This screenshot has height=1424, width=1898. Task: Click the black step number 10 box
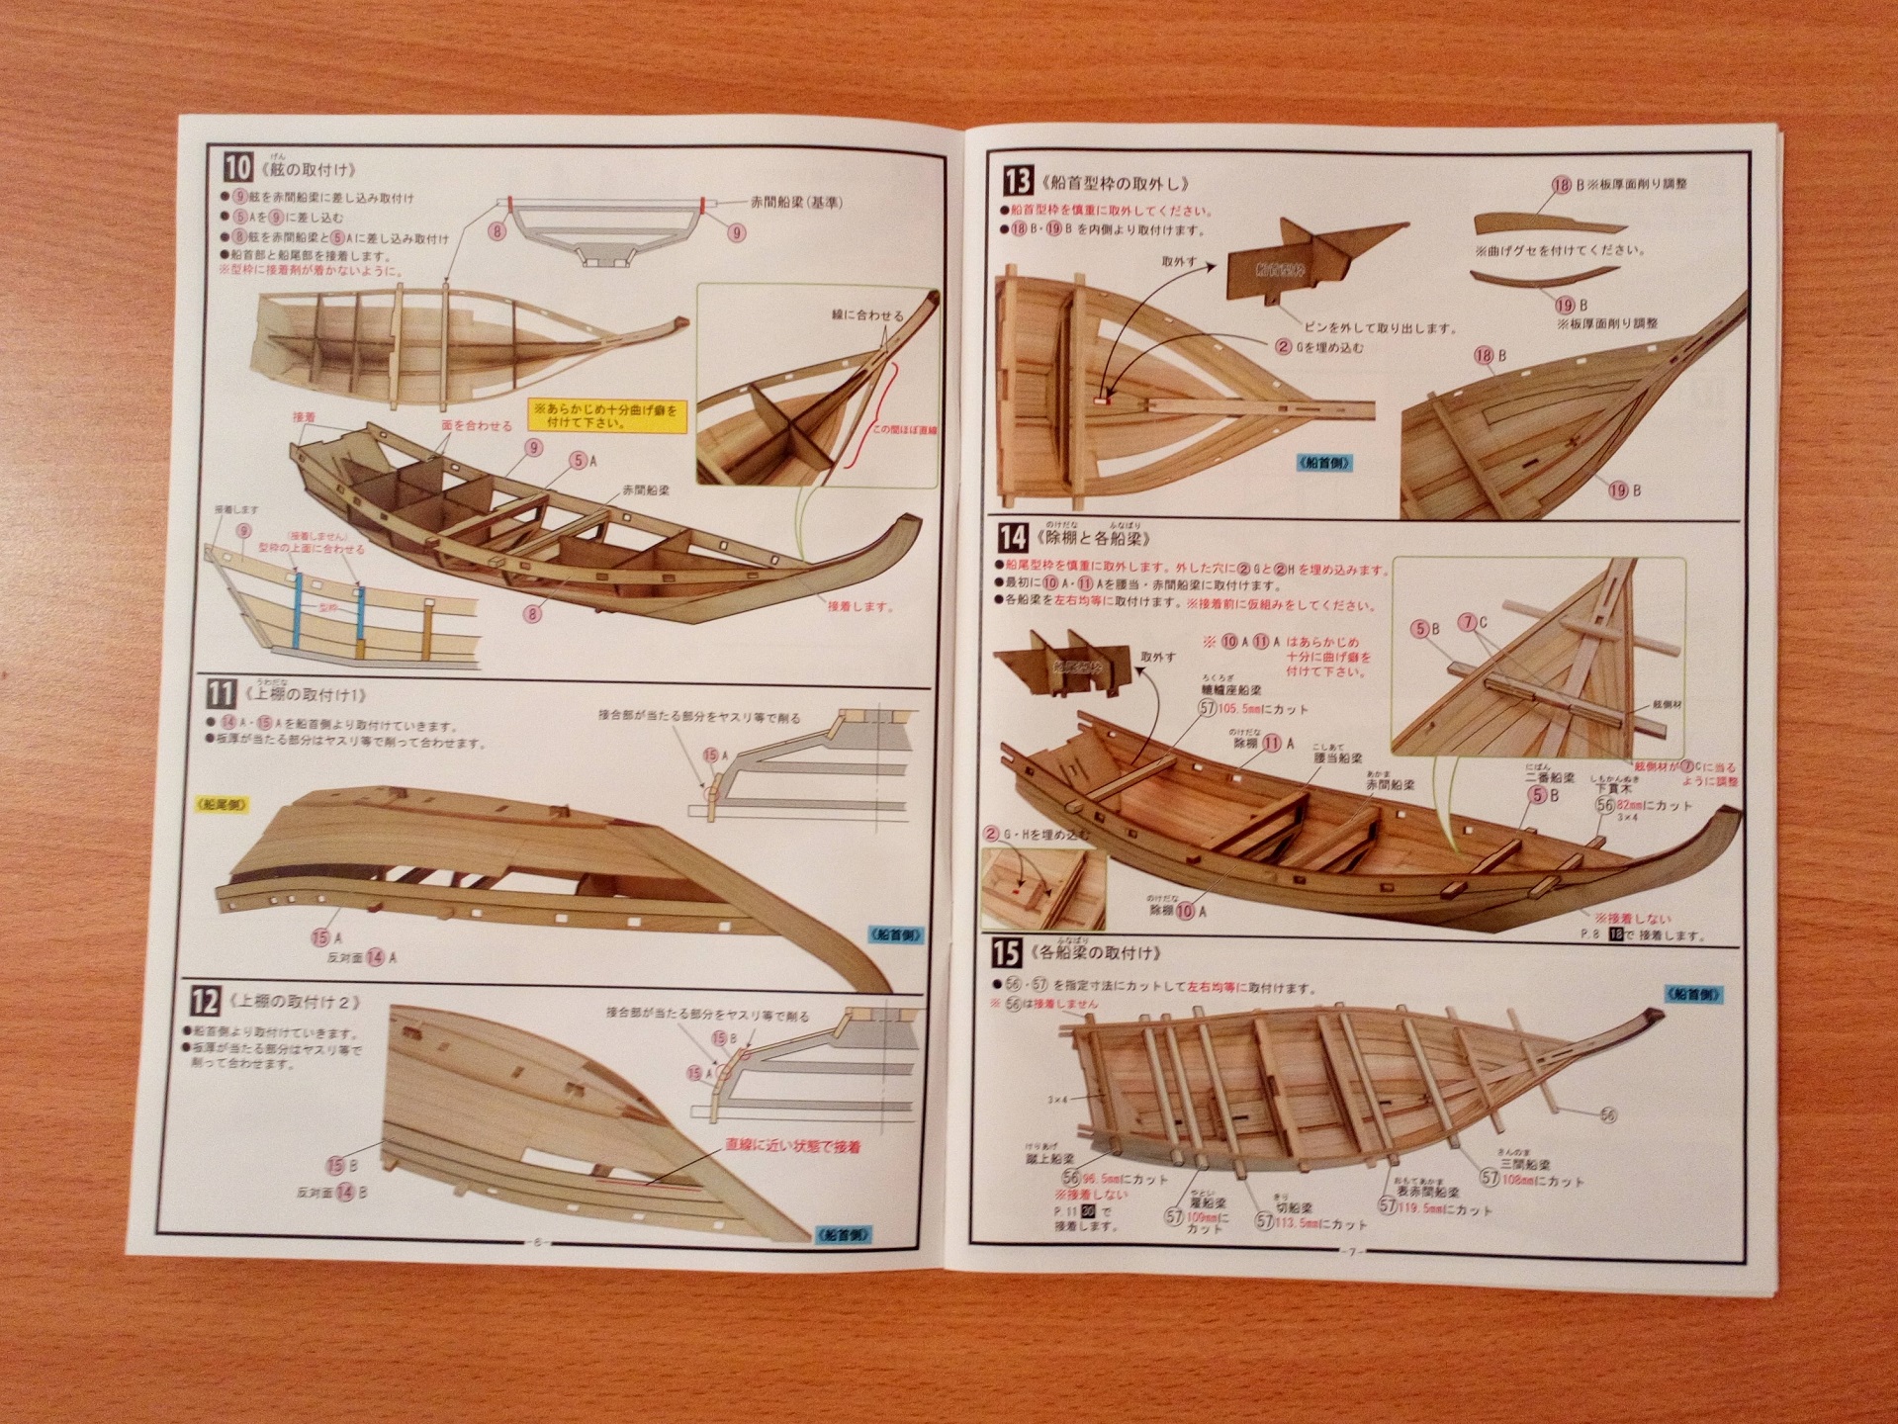point(238,168)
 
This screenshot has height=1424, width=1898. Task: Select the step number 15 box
point(1006,952)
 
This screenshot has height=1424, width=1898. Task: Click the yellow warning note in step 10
point(603,414)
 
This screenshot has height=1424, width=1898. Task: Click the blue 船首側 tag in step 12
point(843,1233)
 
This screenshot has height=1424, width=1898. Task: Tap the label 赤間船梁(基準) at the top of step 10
point(796,203)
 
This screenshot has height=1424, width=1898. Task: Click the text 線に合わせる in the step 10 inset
point(866,315)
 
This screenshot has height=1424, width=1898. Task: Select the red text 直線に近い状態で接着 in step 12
point(792,1146)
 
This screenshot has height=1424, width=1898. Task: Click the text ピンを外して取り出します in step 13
point(1380,327)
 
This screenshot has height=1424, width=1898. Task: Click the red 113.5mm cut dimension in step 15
point(1320,1222)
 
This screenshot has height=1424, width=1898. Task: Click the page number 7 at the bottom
point(1354,1250)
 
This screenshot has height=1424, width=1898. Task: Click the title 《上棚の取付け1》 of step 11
point(306,694)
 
